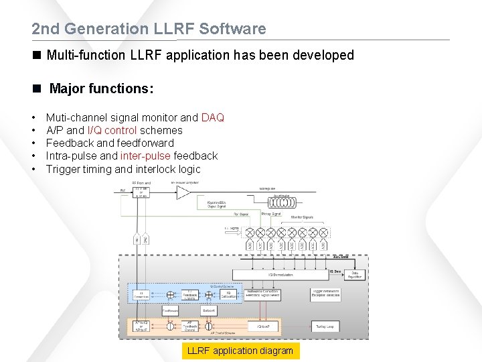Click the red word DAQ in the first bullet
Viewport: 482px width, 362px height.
pos(212,118)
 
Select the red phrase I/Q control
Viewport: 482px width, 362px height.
pos(112,131)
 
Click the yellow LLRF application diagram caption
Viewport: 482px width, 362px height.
pos(240,351)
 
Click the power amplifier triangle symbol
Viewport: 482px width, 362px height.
pos(183,192)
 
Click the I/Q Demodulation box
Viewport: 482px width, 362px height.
pos(280,275)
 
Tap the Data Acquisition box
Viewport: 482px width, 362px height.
pos(355,274)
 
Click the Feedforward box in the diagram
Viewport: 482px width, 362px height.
pos(171,311)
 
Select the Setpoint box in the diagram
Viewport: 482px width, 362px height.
pos(209,311)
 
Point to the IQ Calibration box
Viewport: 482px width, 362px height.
pos(228,294)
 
